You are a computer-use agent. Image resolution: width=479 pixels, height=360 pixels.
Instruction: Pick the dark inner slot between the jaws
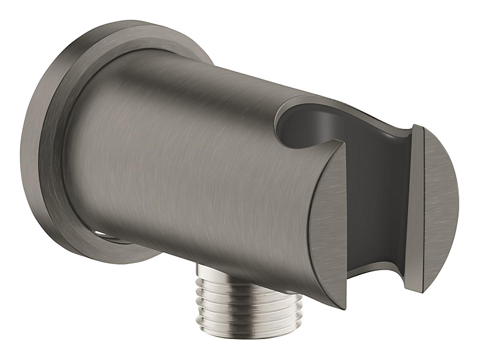pos(383,198)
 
